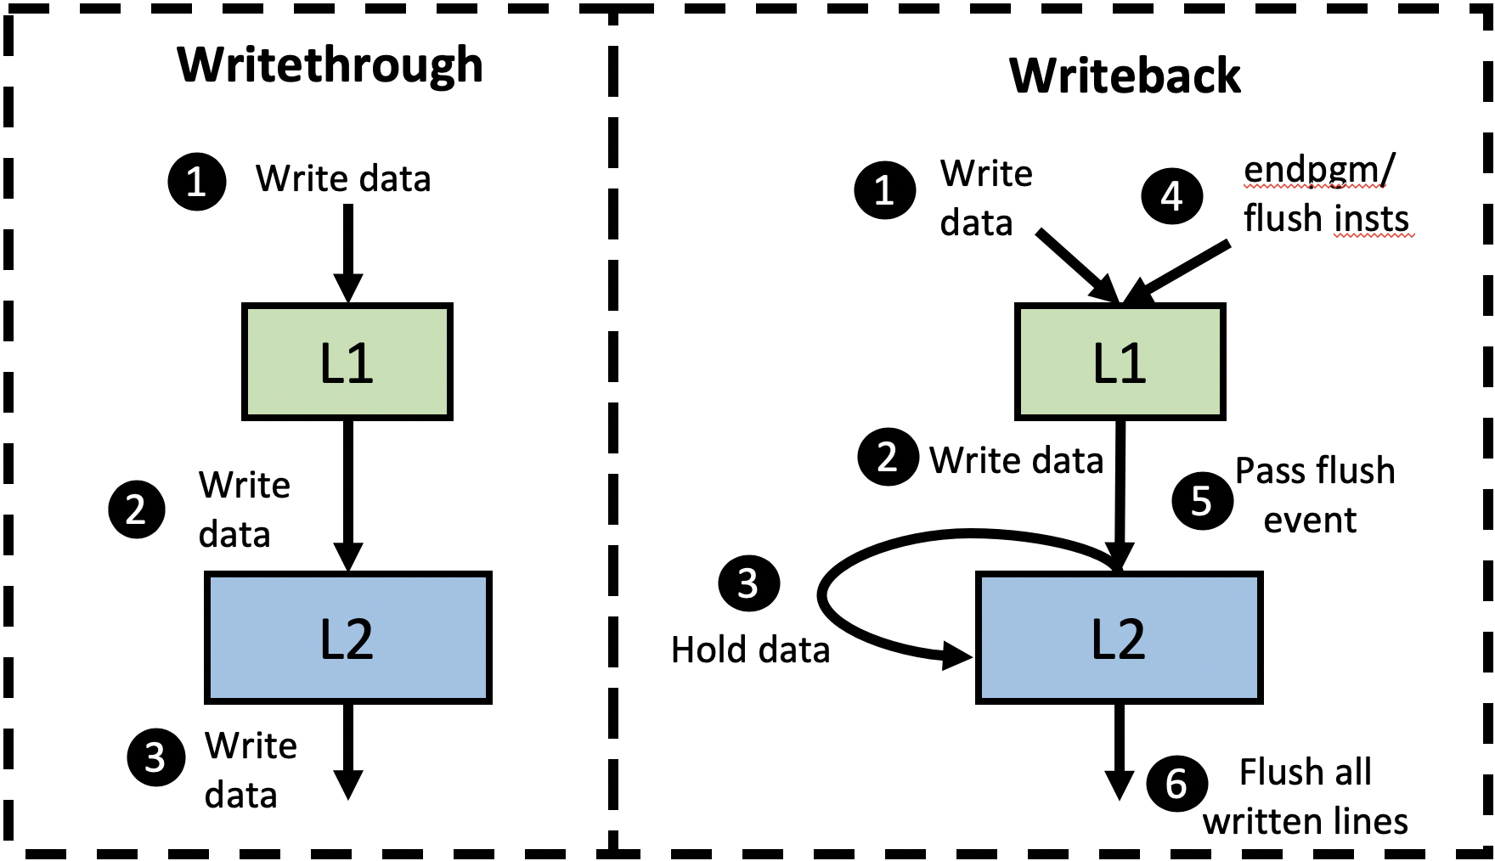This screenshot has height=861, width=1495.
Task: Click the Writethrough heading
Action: (330, 65)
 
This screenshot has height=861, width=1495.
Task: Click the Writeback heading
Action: (1124, 76)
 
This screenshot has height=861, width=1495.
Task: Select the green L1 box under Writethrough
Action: (347, 362)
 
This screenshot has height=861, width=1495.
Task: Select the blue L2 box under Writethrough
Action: (347, 639)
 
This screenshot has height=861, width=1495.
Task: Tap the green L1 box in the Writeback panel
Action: (1120, 362)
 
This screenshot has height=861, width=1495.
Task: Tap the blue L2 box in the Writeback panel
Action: (1119, 639)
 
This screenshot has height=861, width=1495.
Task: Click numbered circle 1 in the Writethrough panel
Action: (196, 182)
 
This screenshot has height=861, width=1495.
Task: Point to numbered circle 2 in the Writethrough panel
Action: (137, 509)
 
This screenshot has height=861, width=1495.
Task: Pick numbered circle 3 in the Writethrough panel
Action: (155, 757)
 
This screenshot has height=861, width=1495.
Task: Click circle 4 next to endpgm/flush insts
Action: (1172, 196)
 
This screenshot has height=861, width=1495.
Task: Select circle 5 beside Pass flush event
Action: (1202, 501)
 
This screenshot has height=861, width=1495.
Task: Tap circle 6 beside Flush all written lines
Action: (1176, 784)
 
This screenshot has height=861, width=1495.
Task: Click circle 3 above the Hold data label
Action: (748, 583)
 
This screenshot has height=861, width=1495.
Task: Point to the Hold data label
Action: (750, 650)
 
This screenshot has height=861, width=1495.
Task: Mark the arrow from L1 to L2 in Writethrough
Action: (348, 492)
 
